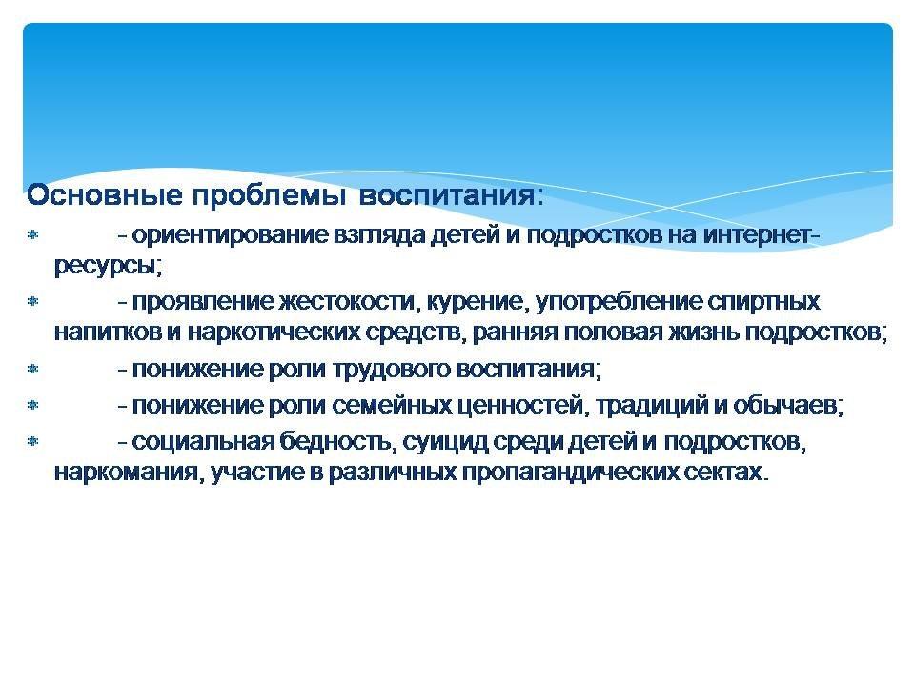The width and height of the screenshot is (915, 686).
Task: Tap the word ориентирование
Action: tap(231, 235)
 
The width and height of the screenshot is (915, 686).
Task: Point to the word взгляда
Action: tap(379, 235)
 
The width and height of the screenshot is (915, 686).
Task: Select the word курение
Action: tap(478, 303)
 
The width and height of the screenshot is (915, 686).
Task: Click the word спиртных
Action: tap(763, 302)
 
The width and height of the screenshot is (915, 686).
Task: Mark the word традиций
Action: tap(647, 406)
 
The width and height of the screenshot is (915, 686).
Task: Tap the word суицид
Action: tap(445, 442)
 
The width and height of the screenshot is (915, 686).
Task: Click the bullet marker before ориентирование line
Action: tap(33, 235)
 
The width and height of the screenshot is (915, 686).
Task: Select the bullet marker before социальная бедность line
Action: tap(33, 441)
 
